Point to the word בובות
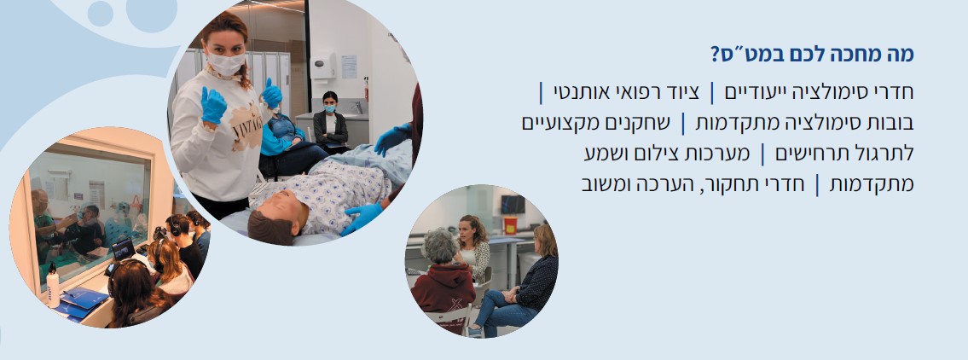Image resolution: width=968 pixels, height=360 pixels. [886, 124]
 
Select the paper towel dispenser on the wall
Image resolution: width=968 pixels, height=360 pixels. [322, 64]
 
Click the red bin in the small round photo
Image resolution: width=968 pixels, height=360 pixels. [510, 225]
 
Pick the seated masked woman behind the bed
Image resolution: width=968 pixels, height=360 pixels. [330, 122]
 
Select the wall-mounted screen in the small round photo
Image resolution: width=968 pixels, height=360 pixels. [513, 205]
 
